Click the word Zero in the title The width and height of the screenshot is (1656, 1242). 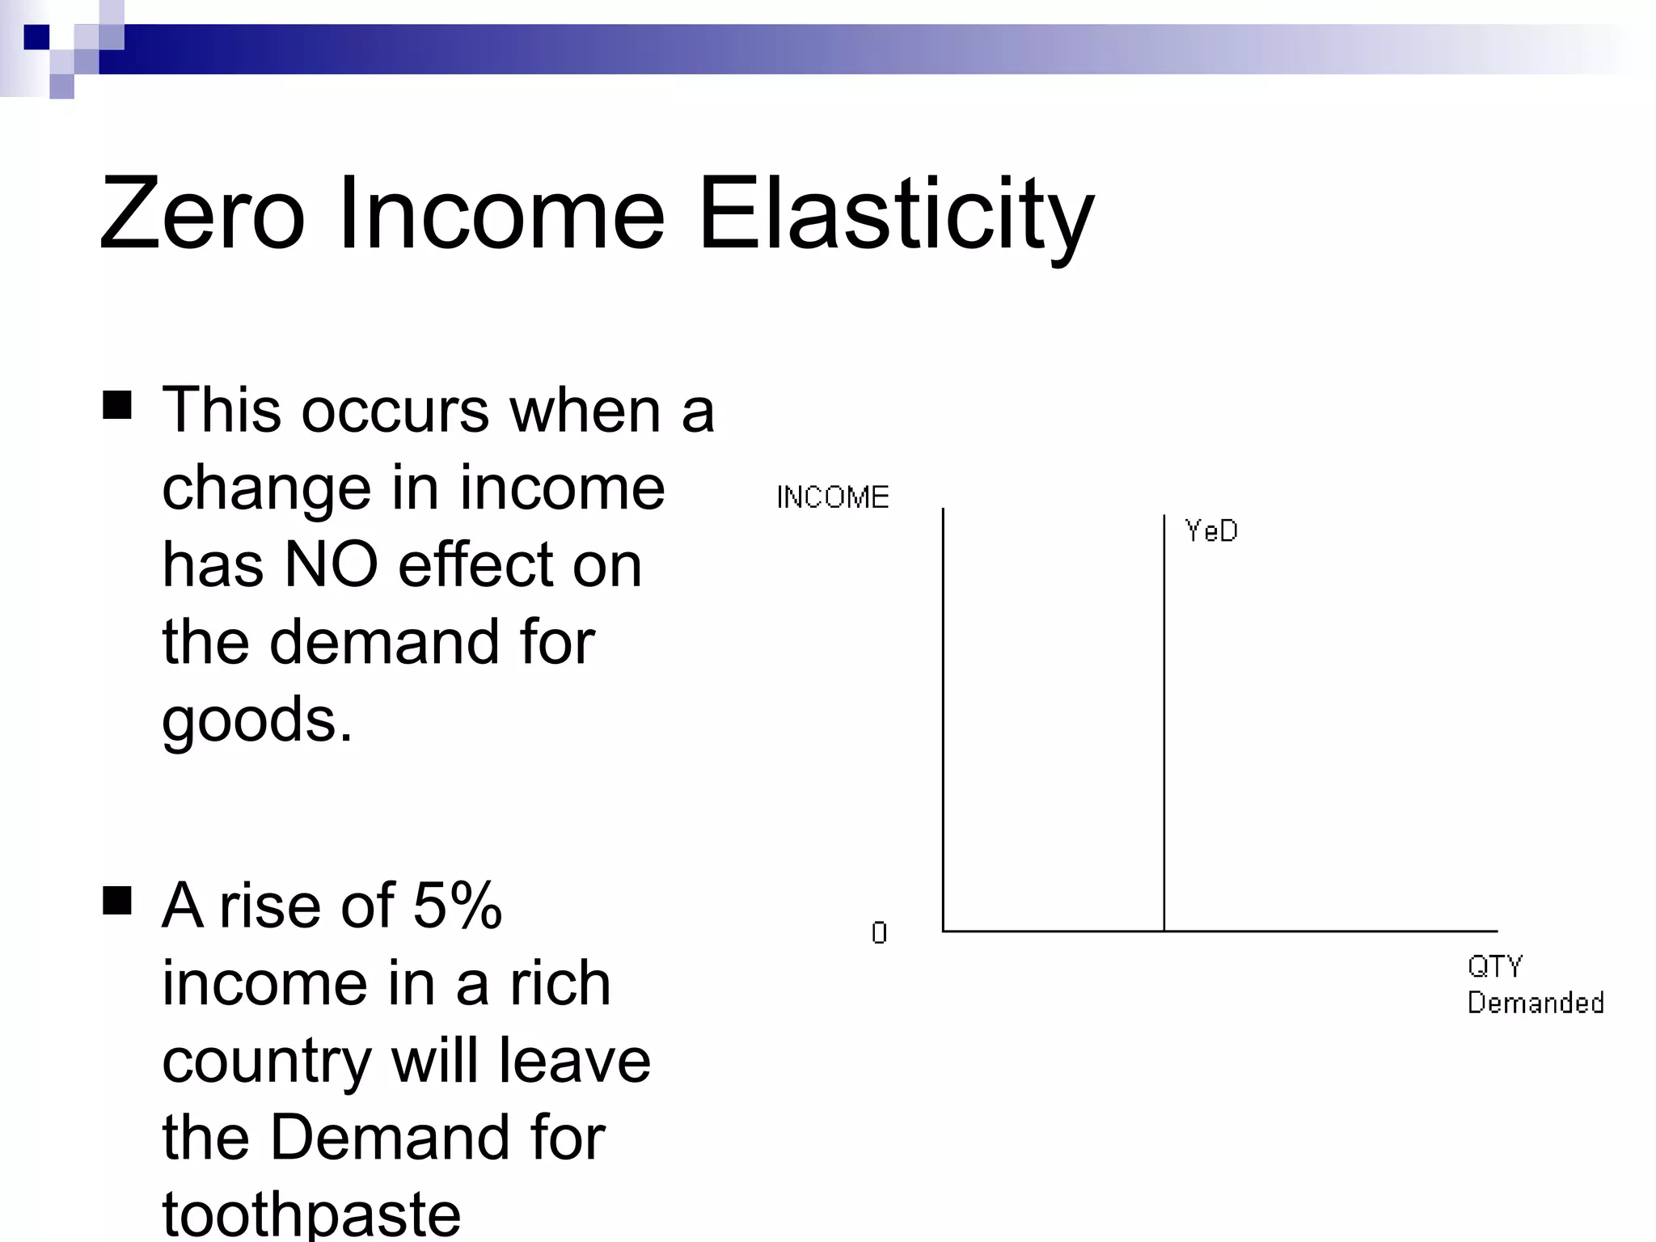click(202, 214)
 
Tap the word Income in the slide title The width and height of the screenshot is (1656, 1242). click(501, 214)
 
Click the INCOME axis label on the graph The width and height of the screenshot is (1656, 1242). click(832, 497)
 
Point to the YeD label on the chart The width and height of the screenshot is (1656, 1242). click(1210, 531)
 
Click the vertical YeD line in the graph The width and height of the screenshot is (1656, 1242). click(1164, 728)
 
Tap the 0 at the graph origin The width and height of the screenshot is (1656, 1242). click(879, 933)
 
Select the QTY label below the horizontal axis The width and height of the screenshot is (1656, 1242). click(1495, 966)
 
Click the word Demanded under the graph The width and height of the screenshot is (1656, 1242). click(1535, 1003)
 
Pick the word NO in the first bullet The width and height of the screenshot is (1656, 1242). click(332, 564)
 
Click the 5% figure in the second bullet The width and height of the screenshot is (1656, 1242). click(458, 906)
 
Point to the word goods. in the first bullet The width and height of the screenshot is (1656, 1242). click(257, 720)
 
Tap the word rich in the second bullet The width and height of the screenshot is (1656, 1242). click(560, 984)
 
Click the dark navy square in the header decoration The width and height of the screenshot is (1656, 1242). click(36, 37)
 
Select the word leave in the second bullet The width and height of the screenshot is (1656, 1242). click(574, 1062)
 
